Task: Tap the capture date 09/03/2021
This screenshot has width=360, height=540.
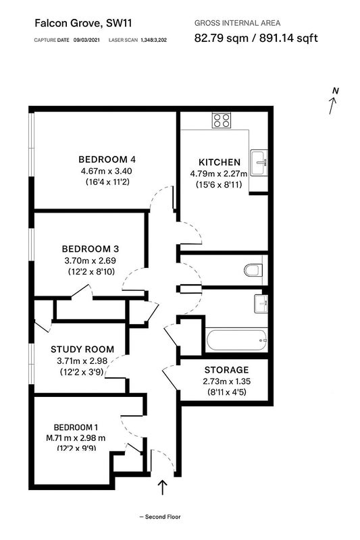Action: [x=87, y=40]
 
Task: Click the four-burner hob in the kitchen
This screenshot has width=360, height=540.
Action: [x=221, y=120]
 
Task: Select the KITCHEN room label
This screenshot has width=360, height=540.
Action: [x=219, y=162]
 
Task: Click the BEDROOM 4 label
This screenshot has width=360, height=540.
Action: [x=107, y=159]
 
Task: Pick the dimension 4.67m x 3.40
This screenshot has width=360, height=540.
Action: [x=107, y=171]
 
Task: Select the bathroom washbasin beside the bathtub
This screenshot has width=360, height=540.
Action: [x=260, y=303]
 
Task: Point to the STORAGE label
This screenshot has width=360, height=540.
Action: [x=226, y=370]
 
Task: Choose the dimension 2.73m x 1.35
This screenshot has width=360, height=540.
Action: [x=226, y=381]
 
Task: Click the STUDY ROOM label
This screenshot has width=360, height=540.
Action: [x=82, y=349]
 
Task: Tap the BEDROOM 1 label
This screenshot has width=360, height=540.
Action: [x=76, y=427]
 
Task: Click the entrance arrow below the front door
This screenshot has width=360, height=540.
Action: [x=162, y=486]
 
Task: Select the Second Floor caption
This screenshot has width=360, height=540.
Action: [x=160, y=516]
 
